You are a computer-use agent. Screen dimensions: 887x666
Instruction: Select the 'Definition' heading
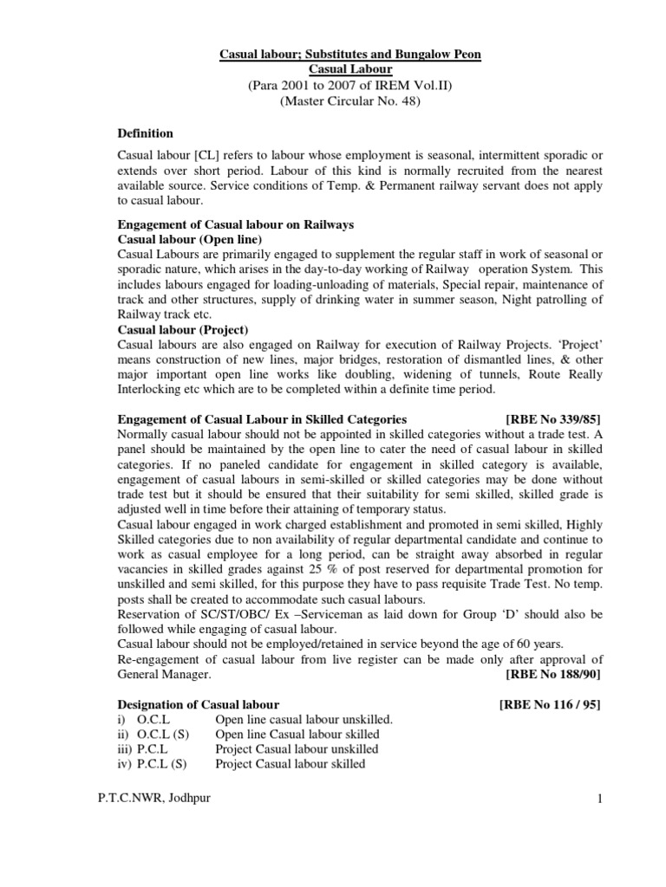[145, 133]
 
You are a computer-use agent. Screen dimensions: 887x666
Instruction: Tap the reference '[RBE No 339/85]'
[552, 418]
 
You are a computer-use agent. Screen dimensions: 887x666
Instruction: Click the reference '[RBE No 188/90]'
[552, 673]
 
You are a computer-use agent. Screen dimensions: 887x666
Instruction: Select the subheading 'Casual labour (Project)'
[183, 329]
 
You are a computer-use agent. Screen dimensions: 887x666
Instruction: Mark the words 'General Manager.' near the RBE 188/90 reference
[164, 673]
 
